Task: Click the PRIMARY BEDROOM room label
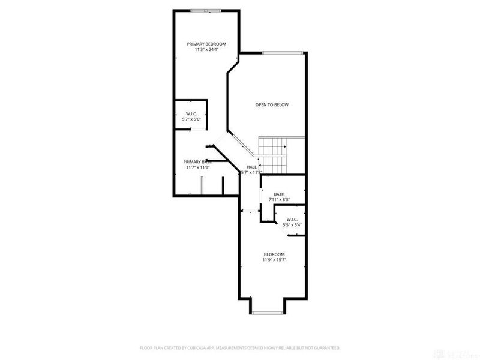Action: click(x=206, y=44)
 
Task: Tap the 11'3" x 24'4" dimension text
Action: click(x=206, y=50)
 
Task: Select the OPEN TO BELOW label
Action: click(x=272, y=105)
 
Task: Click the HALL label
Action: click(x=251, y=166)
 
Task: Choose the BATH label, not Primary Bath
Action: click(x=279, y=194)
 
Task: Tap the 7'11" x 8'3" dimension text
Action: click(x=279, y=200)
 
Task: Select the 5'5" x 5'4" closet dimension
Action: click(x=292, y=225)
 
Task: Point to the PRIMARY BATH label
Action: click(x=198, y=161)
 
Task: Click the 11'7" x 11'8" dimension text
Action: click(x=198, y=167)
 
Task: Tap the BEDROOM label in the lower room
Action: click(x=273, y=254)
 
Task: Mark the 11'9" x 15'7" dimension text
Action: click(x=273, y=260)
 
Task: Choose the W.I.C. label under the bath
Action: click(x=292, y=220)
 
